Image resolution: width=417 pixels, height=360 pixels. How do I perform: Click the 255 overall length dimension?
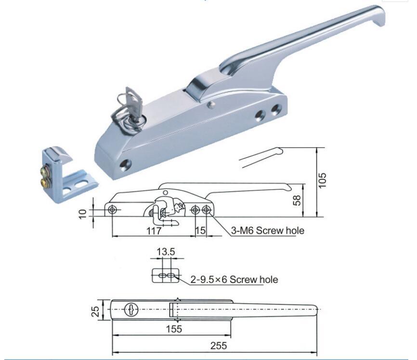click(218, 346)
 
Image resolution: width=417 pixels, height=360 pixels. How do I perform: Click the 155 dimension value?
click(177, 329)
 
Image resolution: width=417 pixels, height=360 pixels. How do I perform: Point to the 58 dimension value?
click(298, 200)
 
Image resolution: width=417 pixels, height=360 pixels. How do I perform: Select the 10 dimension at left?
click(83, 213)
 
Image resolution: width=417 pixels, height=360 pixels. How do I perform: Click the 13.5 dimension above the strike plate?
click(165, 252)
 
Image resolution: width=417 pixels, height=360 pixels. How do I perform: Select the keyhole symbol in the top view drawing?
click(130, 310)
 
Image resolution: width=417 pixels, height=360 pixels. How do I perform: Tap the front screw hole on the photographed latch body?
click(126, 164)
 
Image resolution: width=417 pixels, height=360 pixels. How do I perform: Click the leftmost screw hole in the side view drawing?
click(112, 210)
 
